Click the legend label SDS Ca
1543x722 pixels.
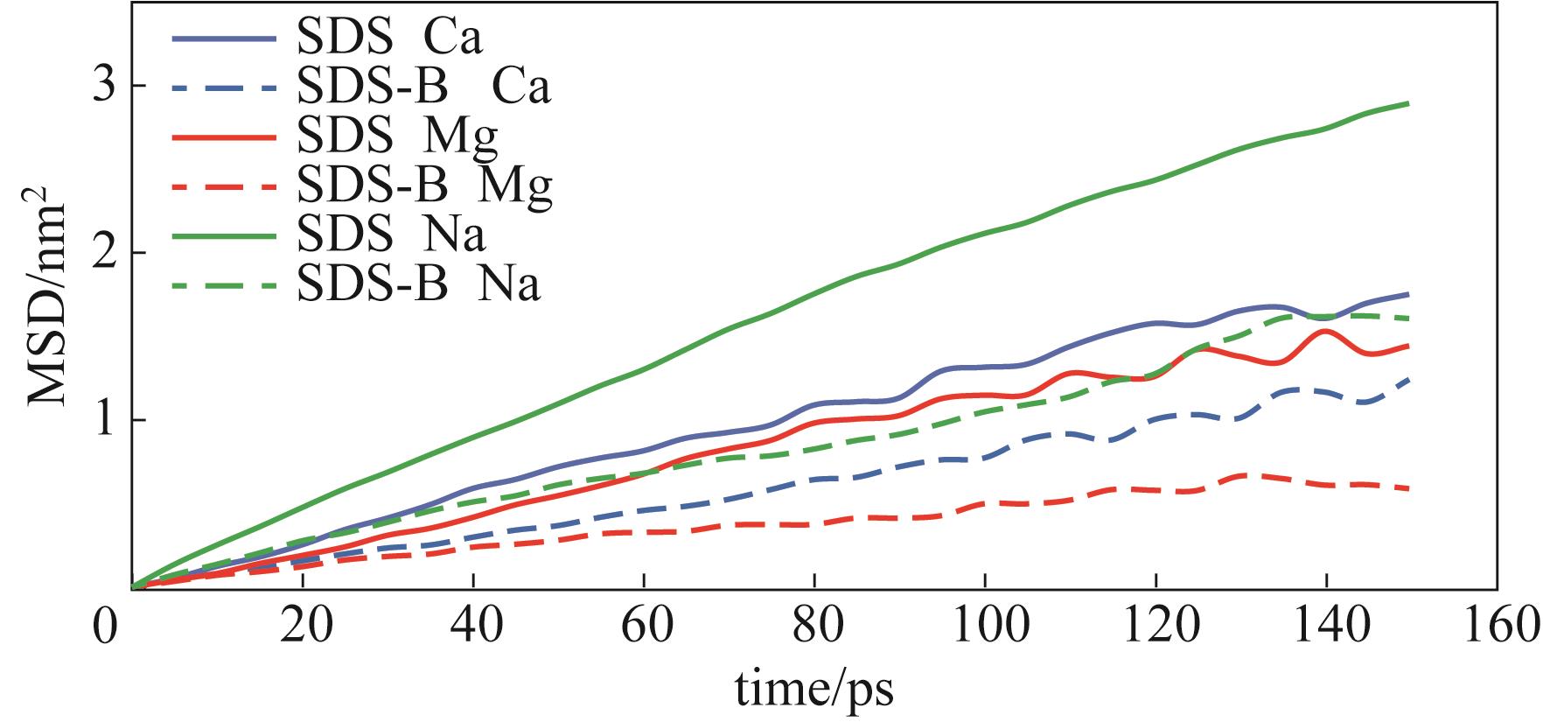(x=389, y=38)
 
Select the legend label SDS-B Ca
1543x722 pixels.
(x=423, y=87)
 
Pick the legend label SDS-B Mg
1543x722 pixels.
(x=424, y=186)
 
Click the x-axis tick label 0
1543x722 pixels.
(x=105, y=627)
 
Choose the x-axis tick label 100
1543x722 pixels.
(x=985, y=627)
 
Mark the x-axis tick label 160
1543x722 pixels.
(x=1498, y=627)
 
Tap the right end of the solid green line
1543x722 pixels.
(x=1408, y=104)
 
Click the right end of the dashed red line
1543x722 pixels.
(x=1408, y=488)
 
